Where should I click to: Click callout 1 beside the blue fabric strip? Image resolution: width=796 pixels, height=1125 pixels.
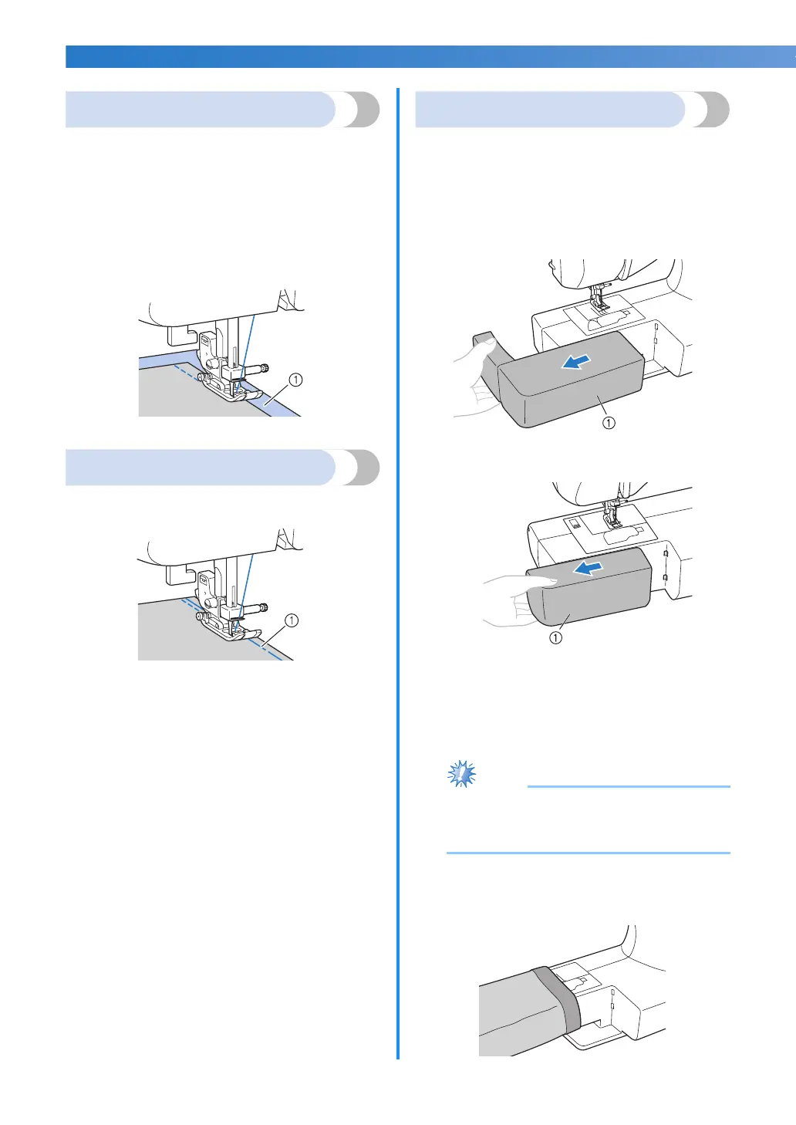pos(295,380)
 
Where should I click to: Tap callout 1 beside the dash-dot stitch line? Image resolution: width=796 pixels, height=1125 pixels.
pos(291,620)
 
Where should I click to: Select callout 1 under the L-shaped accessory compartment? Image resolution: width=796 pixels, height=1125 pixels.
pos(609,422)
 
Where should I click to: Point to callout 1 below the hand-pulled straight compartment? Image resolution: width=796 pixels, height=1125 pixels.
pos(555,638)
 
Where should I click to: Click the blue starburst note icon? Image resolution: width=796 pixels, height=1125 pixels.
pos(462,773)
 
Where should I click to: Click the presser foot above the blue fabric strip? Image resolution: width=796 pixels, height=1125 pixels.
pos(226,390)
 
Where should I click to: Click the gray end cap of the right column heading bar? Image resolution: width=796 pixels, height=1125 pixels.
pos(709,110)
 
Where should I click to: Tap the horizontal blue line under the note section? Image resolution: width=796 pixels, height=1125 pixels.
pos(588,853)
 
